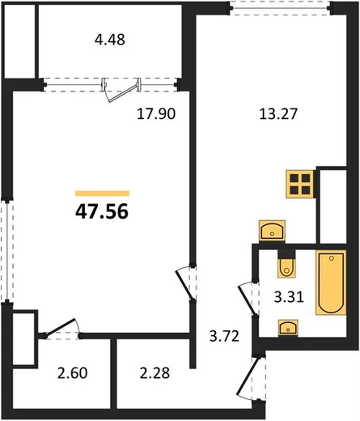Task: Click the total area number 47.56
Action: [x=102, y=211]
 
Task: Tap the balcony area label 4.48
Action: [x=110, y=40]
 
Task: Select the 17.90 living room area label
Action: [x=156, y=113]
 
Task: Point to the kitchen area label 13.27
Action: [x=278, y=113]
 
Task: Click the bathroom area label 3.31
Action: [x=289, y=297]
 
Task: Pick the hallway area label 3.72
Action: [x=224, y=336]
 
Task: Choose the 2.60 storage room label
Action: [x=72, y=373]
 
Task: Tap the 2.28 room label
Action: [x=155, y=373]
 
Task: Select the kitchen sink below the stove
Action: [x=272, y=231]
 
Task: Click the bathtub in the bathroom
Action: [x=331, y=283]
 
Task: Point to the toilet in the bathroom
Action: [x=286, y=265]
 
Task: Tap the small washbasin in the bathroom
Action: [x=288, y=328]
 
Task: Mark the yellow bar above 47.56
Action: [x=102, y=193]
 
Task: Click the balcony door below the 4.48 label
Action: [x=122, y=90]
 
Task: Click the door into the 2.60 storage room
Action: [x=61, y=328]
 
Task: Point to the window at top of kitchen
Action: [x=281, y=8]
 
